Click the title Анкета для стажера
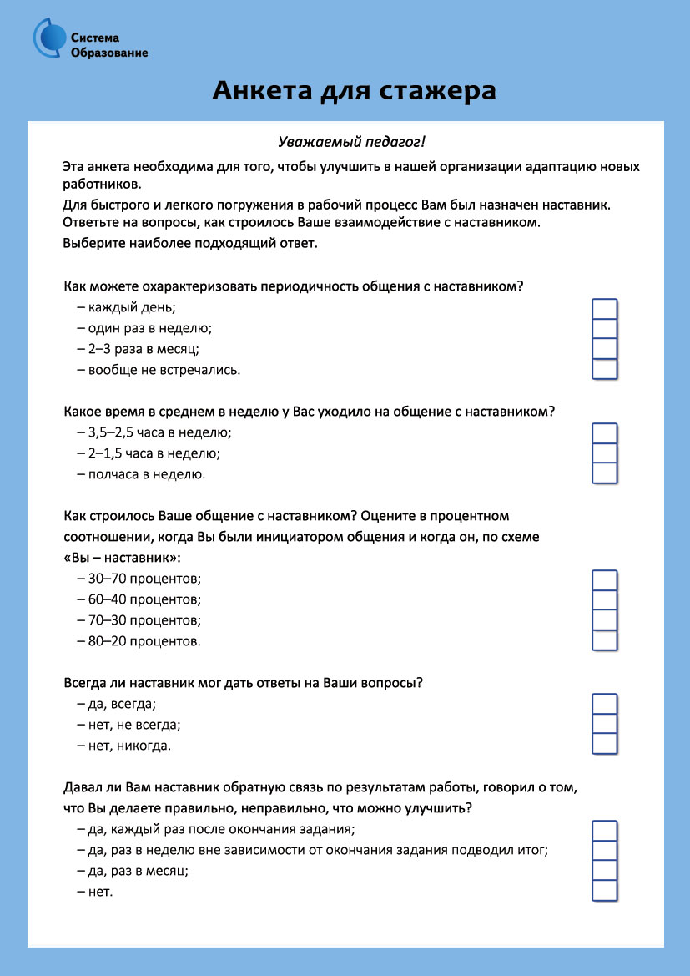click(x=354, y=90)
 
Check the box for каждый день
click(x=604, y=309)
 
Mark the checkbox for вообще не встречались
click(x=604, y=369)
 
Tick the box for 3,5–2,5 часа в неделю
click(x=604, y=433)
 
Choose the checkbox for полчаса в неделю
click(x=604, y=473)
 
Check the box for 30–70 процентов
click(x=604, y=580)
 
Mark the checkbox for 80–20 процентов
click(x=604, y=640)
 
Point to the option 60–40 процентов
click(x=139, y=599)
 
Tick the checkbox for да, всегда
click(x=604, y=704)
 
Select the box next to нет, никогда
click(x=604, y=744)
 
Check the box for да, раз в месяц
click(x=604, y=871)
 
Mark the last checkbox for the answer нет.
click(x=604, y=891)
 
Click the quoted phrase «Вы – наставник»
click(x=122, y=557)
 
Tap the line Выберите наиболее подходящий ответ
click(x=190, y=244)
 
